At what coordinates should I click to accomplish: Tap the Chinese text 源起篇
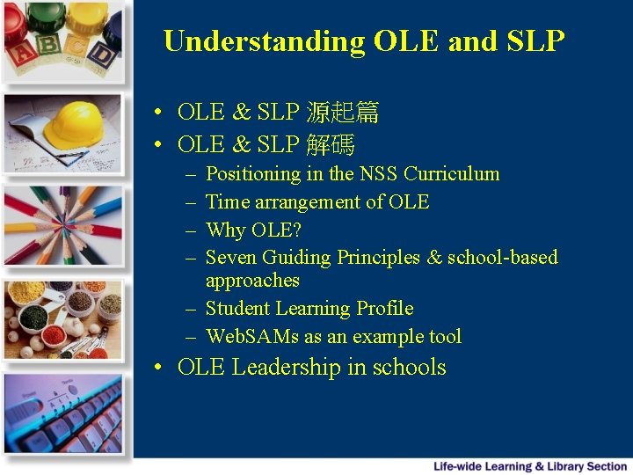click(342, 113)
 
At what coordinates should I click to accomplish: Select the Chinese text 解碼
click(330, 144)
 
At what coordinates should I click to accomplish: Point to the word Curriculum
click(451, 174)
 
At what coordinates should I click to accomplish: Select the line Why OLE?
click(253, 230)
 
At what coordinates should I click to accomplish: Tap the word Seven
click(230, 258)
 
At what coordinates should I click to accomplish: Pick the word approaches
click(252, 281)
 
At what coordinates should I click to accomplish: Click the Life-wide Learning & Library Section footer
click(530, 466)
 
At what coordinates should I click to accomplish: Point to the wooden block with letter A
click(21, 53)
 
